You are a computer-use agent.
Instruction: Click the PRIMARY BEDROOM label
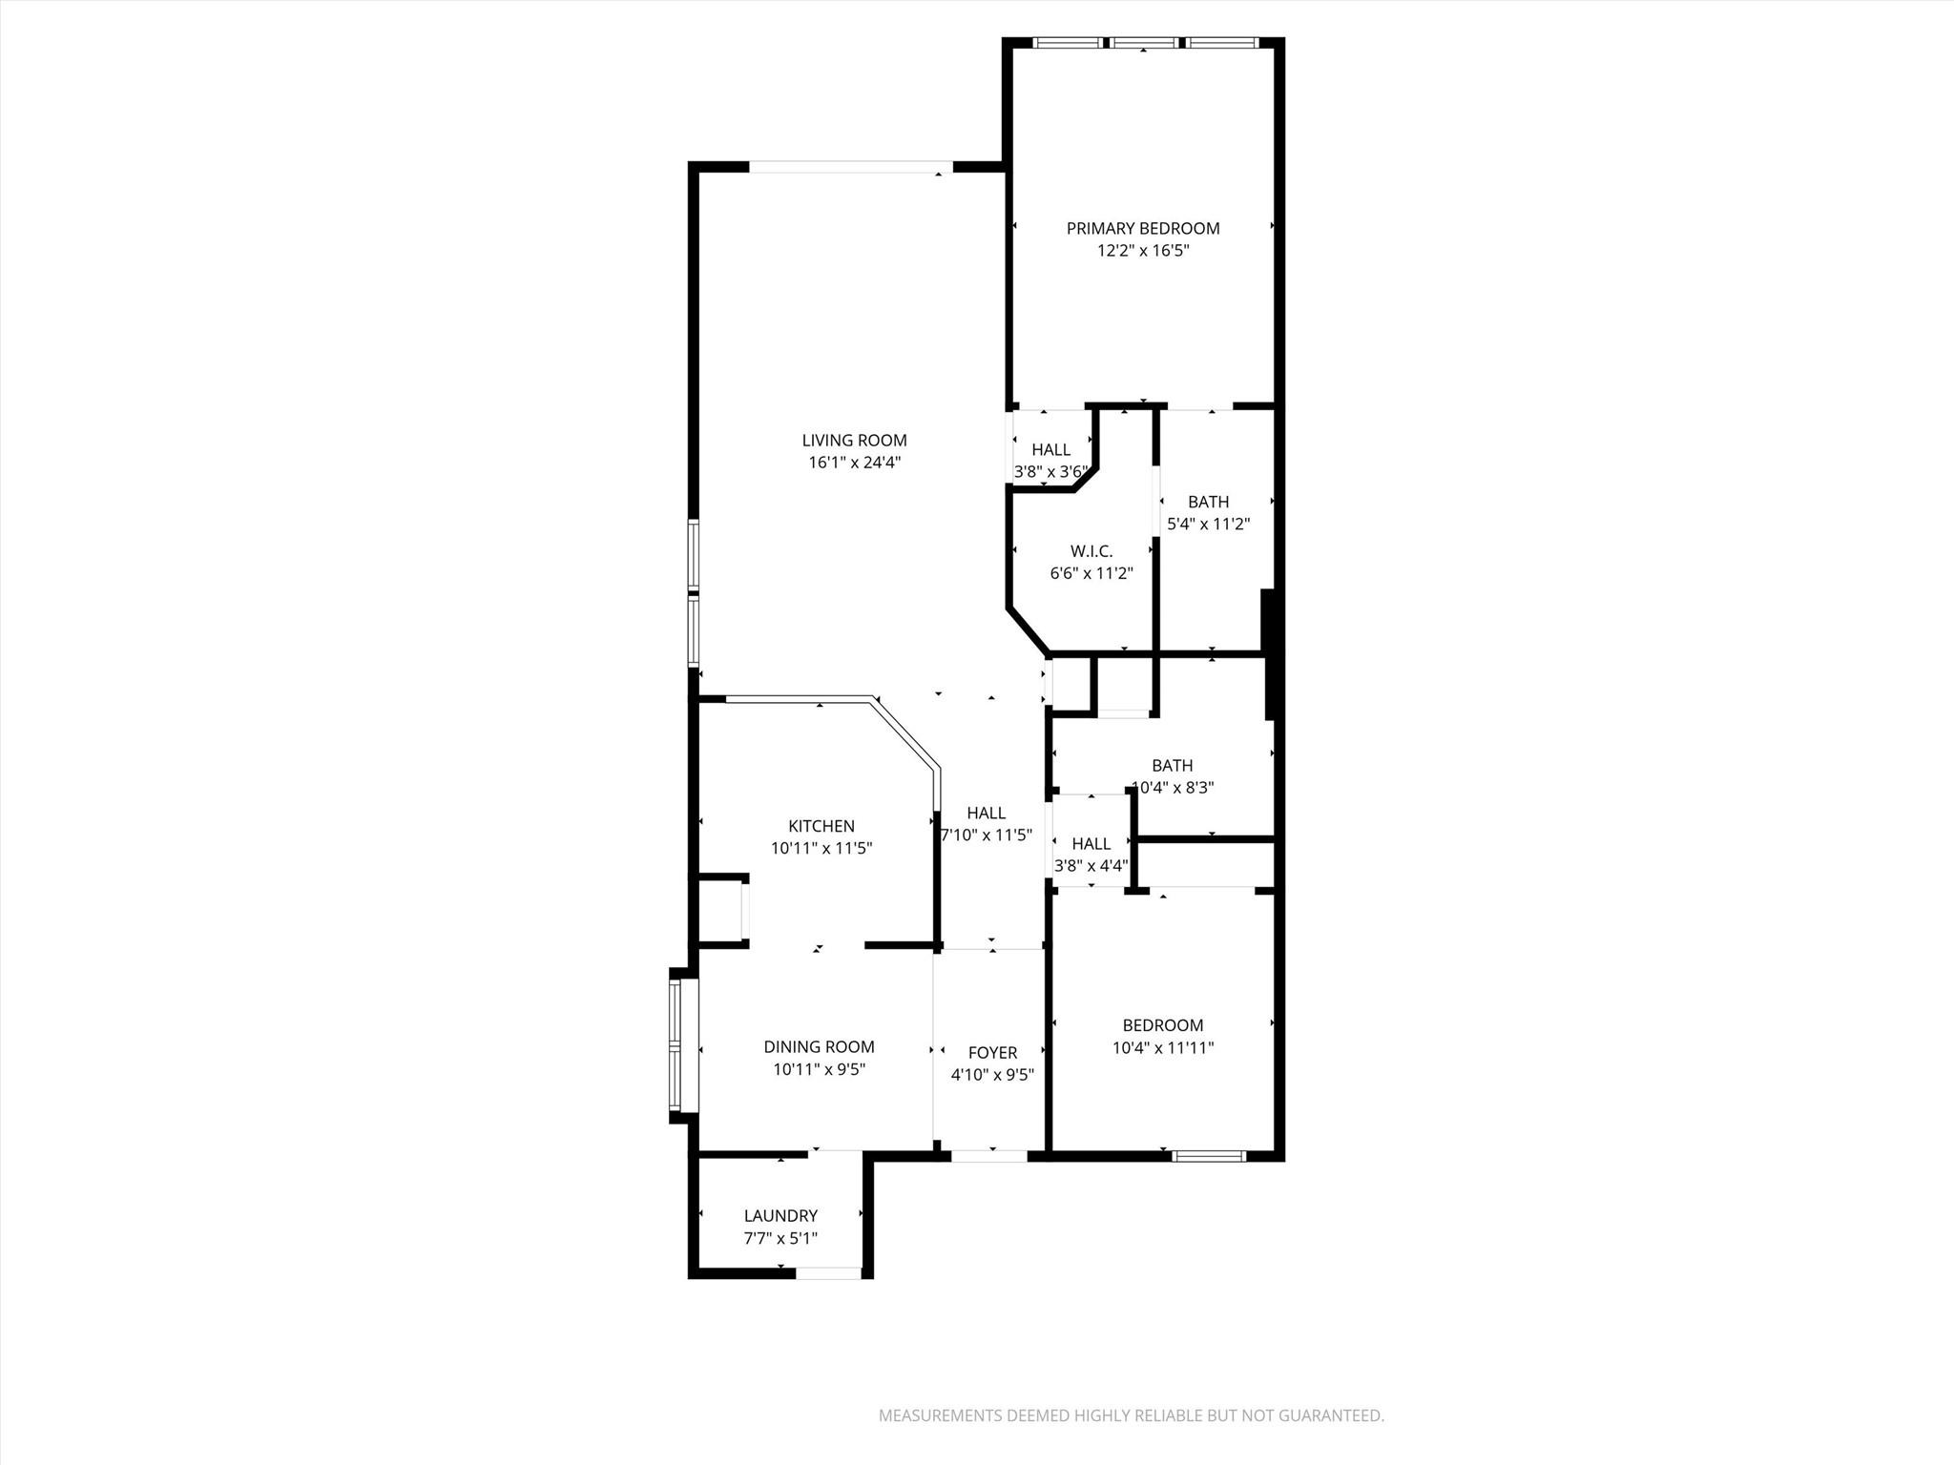coord(1142,228)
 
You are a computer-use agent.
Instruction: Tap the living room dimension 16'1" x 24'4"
coord(854,463)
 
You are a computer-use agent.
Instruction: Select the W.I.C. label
coord(1091,551)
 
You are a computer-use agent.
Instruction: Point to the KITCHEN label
coord(821,826)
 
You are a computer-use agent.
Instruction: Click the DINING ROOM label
coord(819,1046)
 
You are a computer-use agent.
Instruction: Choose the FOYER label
coord(992,1052)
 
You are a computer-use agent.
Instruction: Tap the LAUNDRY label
coord(780,1215)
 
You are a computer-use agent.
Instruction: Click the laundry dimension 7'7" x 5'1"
coord(780,1238)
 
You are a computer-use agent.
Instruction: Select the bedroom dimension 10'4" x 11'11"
coord(1162,1047)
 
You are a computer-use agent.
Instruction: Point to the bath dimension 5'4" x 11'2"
coord(1208,524)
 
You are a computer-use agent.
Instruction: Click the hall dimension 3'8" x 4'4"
coord(1091,866)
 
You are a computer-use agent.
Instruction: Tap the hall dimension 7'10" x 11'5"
coord(986,836)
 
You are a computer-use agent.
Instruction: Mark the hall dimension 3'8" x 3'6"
coord(1050,471)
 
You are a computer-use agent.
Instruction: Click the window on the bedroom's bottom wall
coord(1209,1156)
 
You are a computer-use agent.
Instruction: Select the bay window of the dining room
coord(676,1046)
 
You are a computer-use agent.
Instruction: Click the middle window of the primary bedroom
coord(1144,43)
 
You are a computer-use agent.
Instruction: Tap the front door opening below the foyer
coord(989,1156)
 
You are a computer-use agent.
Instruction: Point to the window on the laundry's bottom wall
coord(829,1272)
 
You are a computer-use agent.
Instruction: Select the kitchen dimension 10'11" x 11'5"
coord(821,848)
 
